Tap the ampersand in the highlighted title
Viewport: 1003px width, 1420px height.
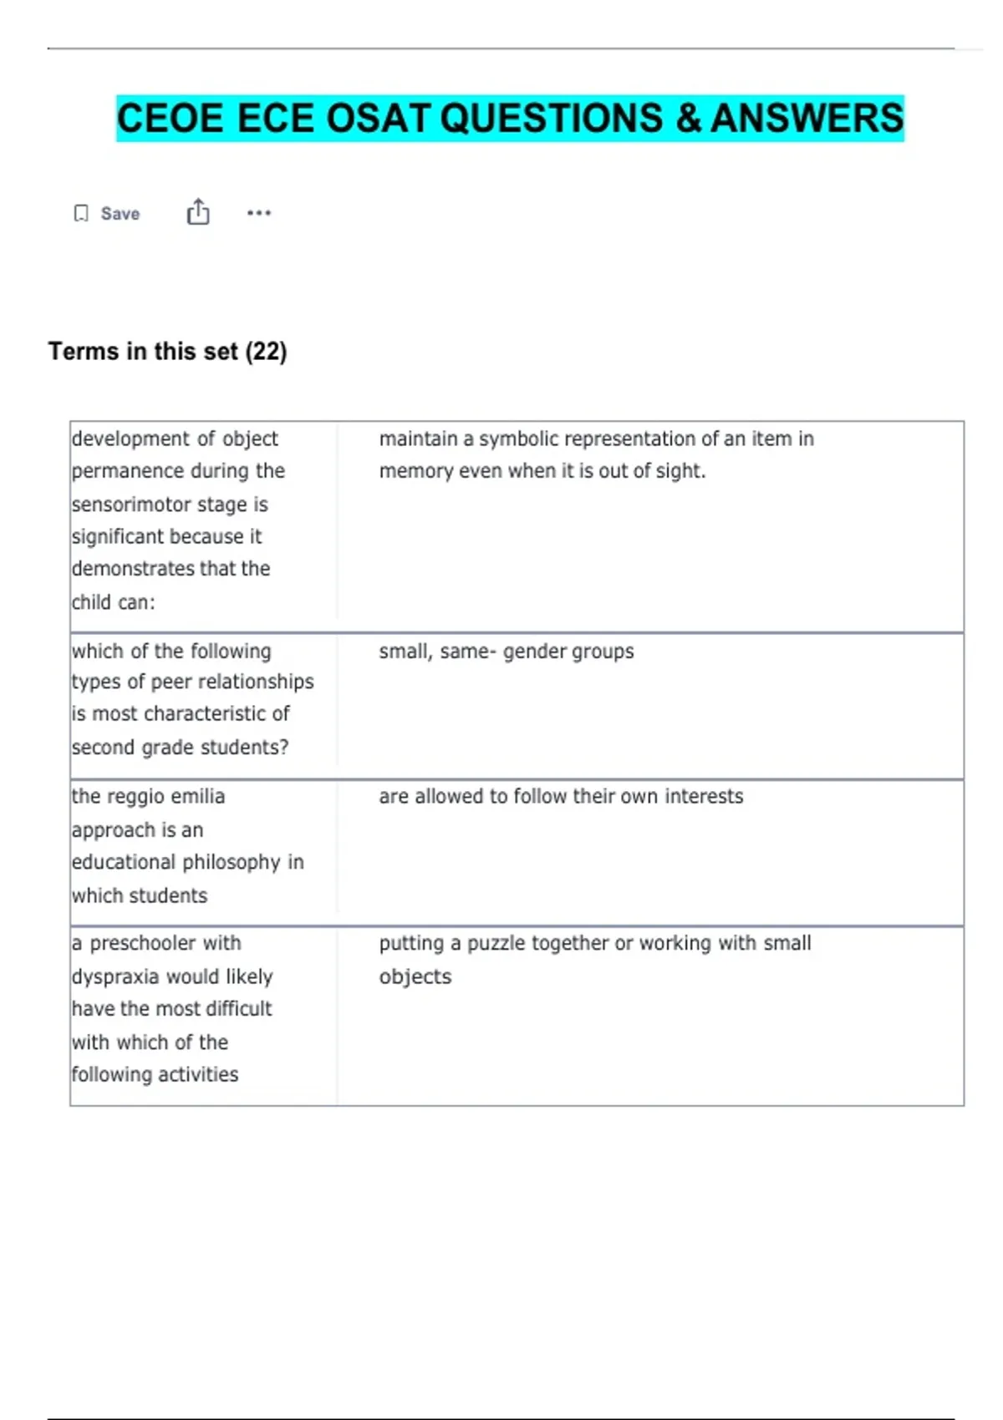point(689,118)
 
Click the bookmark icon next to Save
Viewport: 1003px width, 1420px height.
point(81,214)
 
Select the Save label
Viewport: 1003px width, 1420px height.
point(120,214)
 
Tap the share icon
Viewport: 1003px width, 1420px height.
point(198,212)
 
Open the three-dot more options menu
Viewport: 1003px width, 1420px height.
point(259,213)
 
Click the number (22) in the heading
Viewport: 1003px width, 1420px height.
point(266,352)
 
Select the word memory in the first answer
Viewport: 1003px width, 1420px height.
point(415,471)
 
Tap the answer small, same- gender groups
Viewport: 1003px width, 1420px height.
point(506,652)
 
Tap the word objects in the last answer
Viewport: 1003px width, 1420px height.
point(415,976)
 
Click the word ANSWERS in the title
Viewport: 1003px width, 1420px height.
point(807,118)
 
